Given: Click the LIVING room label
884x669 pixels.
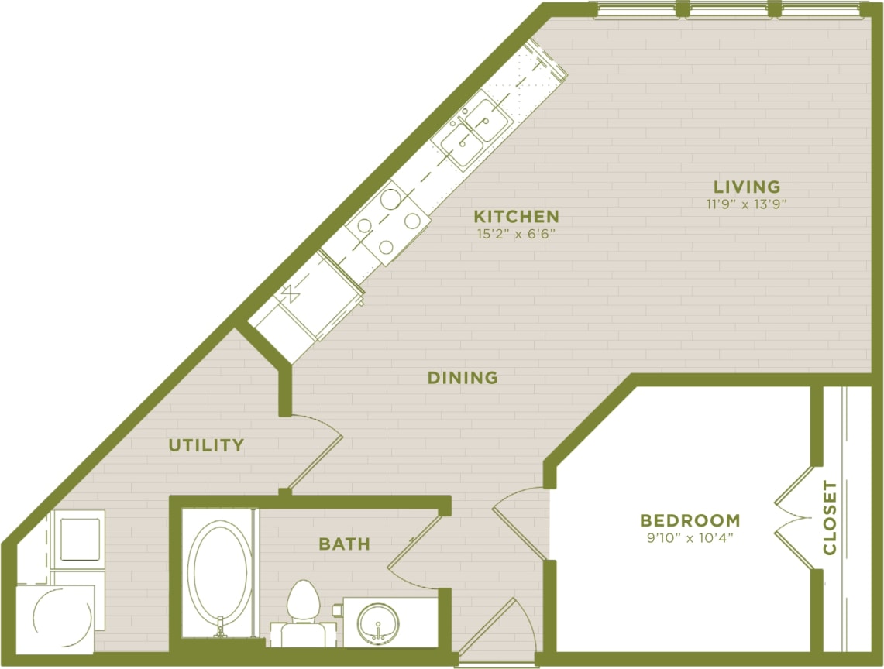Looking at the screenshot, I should [x=746, y=187].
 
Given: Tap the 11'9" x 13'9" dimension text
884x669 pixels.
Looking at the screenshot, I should [x=746, y=204].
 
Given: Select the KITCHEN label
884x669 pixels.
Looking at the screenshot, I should [x=516, y=216].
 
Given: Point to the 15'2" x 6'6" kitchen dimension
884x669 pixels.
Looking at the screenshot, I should [x=516, y=232].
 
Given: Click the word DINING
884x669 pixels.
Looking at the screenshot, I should [x=463, y=378].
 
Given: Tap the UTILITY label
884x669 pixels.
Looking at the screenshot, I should [x=207, y=445].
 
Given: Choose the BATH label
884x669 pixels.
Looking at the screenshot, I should [x=344, y=544].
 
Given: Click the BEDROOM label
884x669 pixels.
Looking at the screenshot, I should [x=690, y=520].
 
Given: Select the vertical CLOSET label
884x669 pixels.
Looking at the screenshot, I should [x=830, y=518].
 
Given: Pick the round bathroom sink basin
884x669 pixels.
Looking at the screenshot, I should [x=378, y=620].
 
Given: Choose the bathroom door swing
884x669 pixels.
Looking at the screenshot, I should [x=414, y=554].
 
